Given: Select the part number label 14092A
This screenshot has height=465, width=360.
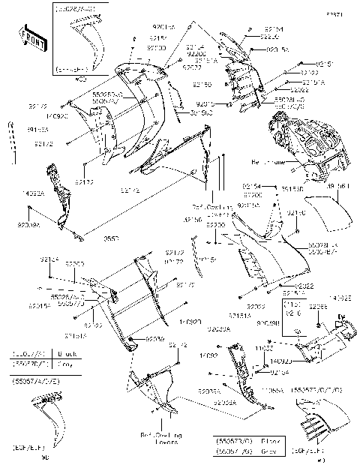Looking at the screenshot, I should [x=34, y=193].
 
